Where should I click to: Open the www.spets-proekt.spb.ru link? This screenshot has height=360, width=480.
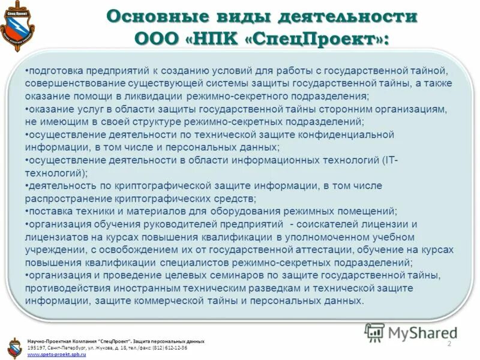point(57,355)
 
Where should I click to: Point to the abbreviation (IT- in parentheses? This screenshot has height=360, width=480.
point(390,160)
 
